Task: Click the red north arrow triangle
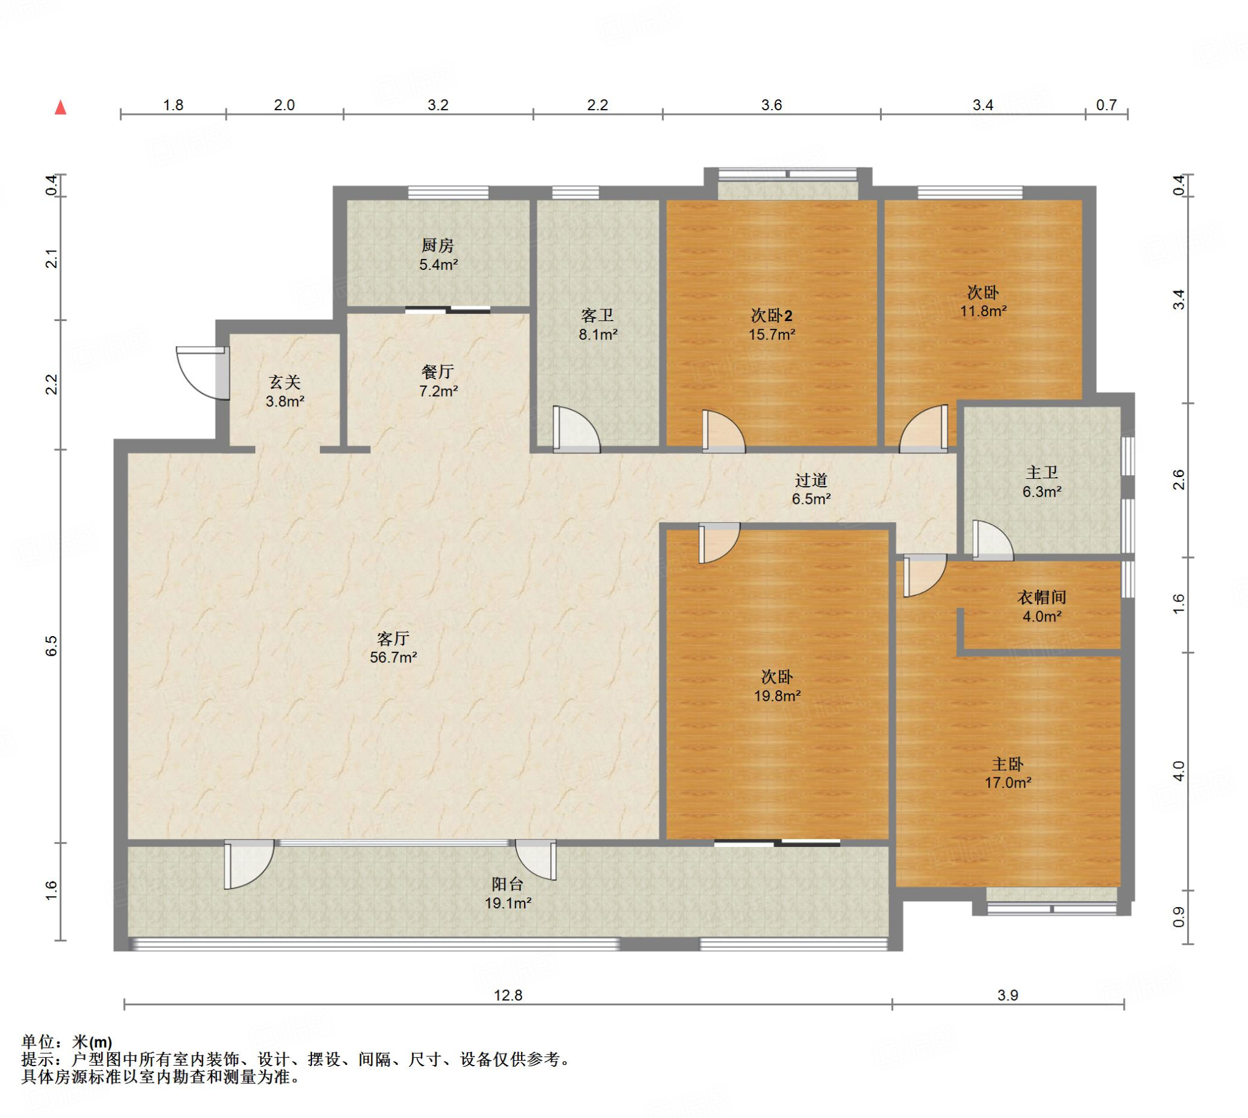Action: point(60,108)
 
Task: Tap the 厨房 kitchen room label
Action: point(438,246)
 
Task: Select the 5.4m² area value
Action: point(438,265)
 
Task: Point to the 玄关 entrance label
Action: point(285,383)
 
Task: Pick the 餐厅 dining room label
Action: point(438,372)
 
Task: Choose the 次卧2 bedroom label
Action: point(771,316)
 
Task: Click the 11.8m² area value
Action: point(983,311)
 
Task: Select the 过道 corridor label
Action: point(810,480)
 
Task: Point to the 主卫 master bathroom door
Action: point(993,540)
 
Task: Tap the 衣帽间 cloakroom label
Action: point(1041,597)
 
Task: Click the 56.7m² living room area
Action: point(393,657)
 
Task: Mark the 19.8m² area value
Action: point(778,696)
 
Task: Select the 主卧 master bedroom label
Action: point(1008,764)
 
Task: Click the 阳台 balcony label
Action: point(508,884)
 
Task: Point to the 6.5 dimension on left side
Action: point(51,646)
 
